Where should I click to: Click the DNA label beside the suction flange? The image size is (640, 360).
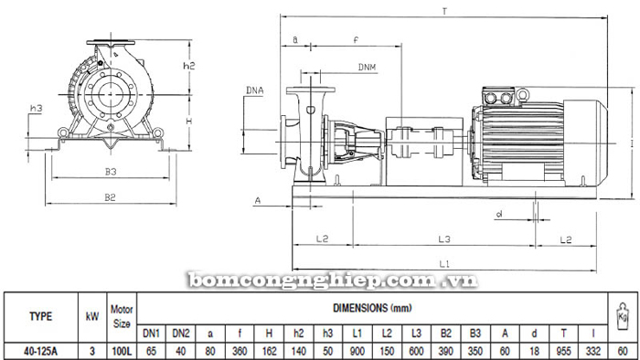255,90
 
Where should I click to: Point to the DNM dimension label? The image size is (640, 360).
367,68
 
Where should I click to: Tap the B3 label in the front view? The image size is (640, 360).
111,172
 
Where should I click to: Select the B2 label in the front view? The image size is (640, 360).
111,197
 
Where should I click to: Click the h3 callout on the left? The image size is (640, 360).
37,108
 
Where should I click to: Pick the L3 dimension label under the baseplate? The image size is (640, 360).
444,238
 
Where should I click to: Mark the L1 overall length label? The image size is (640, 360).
444,264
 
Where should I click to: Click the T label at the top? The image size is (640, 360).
444,11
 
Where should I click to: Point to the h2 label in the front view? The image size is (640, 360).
189,65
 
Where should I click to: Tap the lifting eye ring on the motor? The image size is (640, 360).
522,95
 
